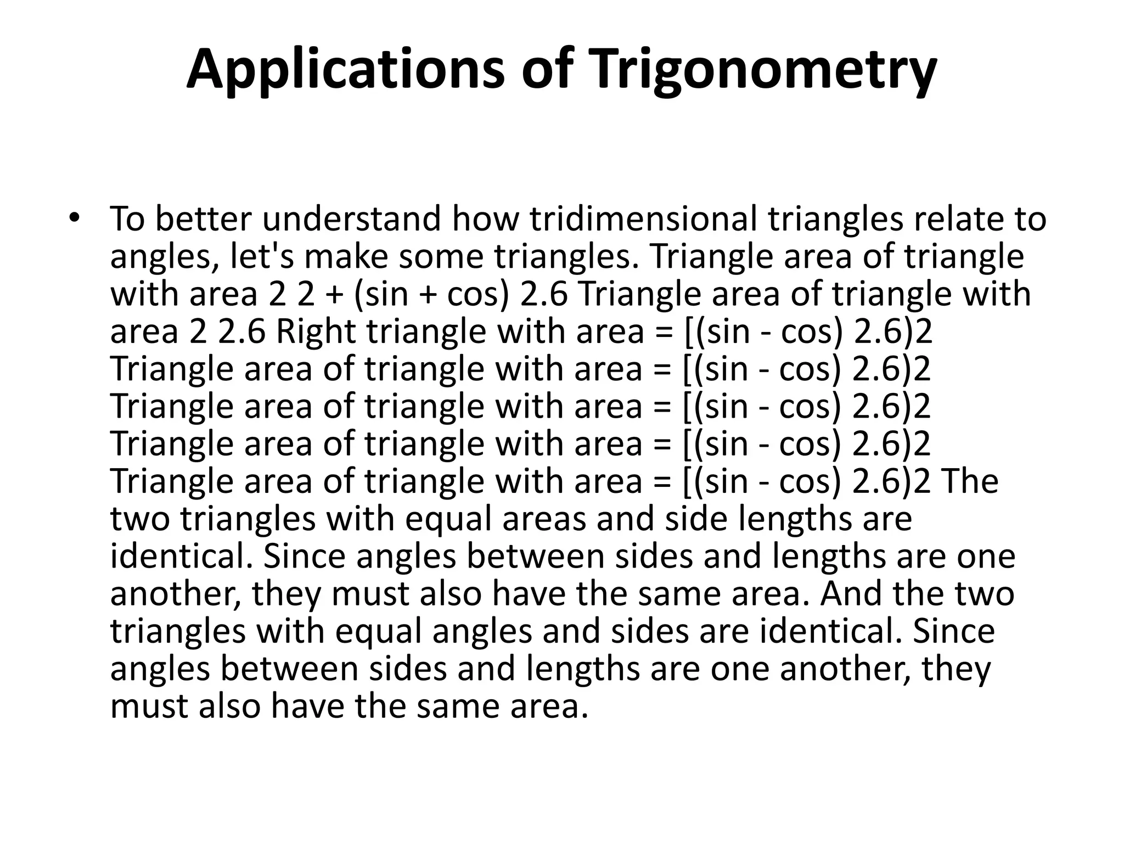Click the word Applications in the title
345,70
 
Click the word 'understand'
351,218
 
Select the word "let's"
262,256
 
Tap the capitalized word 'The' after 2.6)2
970,481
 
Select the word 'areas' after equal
544,519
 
